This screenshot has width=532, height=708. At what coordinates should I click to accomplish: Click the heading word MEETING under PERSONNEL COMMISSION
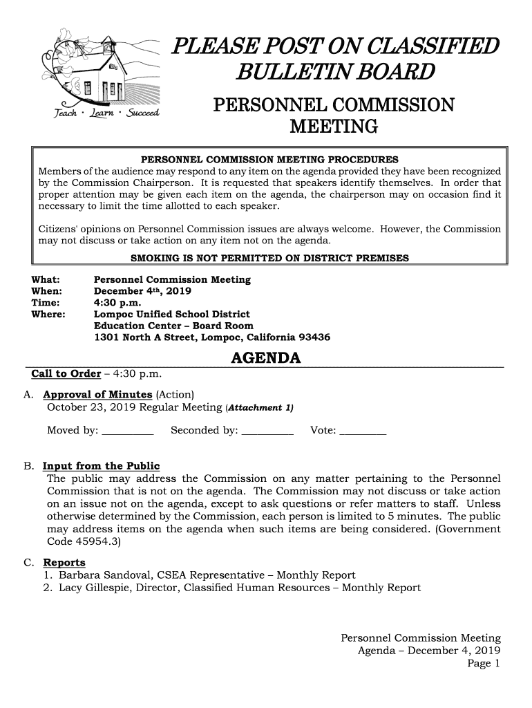click(334, 128)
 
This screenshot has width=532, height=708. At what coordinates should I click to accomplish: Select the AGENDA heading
click(265, 359)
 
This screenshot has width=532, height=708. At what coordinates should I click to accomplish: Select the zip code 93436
click(314, 338)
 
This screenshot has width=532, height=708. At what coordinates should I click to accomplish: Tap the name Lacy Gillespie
click(101, 588)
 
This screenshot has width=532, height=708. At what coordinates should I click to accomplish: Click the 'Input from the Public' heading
click(101, 465)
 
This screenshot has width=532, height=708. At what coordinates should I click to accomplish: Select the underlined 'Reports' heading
click(64, 562)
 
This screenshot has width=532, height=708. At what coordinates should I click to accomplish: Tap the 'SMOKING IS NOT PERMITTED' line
click(269, 258)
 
